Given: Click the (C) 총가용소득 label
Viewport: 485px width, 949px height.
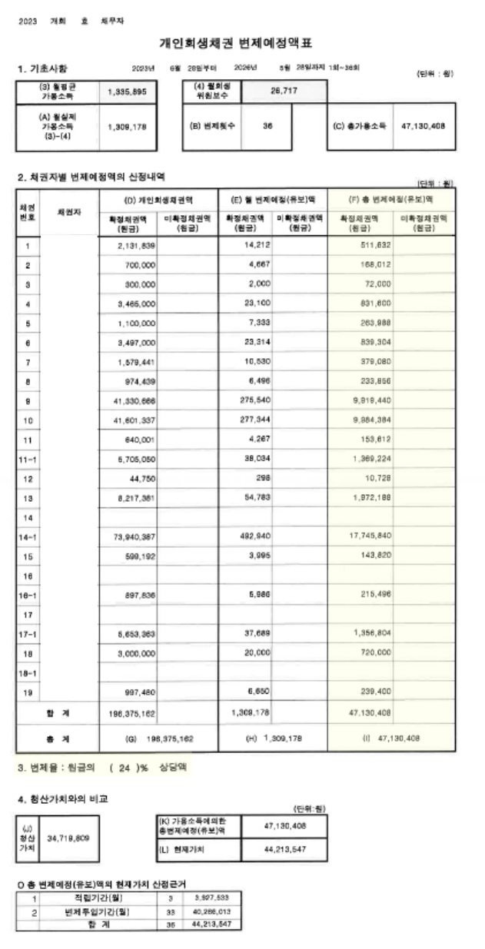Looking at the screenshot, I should [359, 124].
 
